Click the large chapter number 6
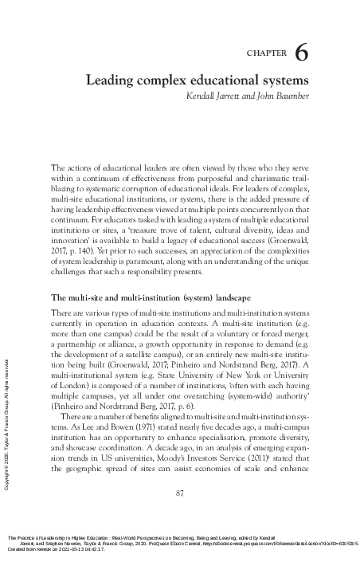[x=302, y=53]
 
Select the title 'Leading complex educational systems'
[x=198, y=81]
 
